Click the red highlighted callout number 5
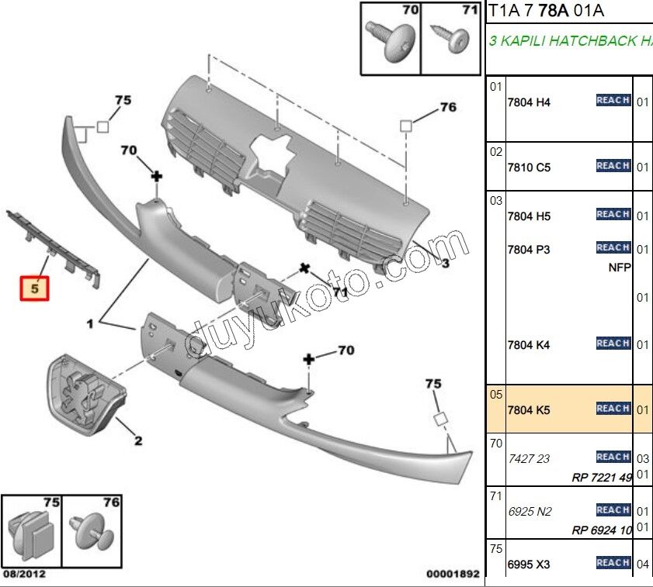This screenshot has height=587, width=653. point(34,289)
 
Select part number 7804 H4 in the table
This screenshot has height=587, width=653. point(529,102)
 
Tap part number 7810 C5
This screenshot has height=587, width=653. point(529,167)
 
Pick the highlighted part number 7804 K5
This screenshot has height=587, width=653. point(529,409)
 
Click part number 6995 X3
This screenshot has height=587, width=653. point(529,565)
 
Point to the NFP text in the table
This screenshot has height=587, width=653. point(620,268)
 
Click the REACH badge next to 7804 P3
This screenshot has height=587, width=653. point(613,248)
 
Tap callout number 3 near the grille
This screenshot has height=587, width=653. point(445,264)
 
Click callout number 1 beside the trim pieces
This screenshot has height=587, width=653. point(90,324)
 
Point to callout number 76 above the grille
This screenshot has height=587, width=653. point(448,108)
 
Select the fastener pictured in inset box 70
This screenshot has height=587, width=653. point(394,43)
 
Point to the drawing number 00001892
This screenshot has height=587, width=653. point(453,575)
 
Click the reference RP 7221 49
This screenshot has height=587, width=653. point(602,478)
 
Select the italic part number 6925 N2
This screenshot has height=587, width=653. point(529,511)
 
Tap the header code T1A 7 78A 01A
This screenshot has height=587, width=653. point(545,11)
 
